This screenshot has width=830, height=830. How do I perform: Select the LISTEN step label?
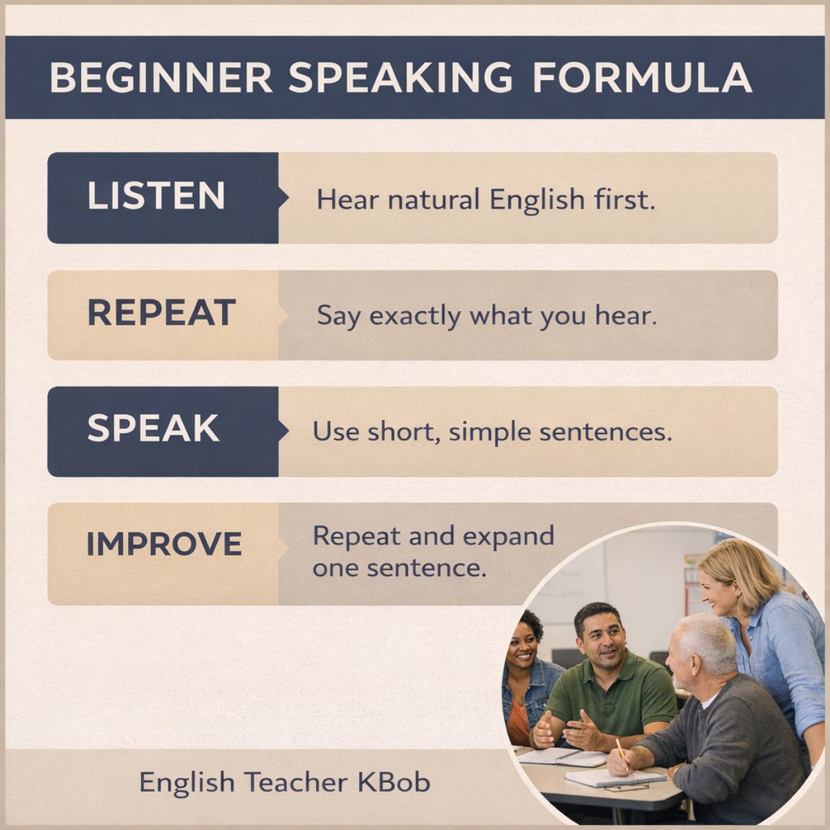156,196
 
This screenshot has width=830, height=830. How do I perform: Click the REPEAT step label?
162,313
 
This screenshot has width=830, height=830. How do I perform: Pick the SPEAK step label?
154,430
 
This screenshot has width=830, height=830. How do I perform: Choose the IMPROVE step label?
164,545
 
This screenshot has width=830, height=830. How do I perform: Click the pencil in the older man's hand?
621,750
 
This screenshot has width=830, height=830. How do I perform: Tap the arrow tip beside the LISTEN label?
285,197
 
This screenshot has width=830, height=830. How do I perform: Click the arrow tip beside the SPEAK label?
285,430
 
